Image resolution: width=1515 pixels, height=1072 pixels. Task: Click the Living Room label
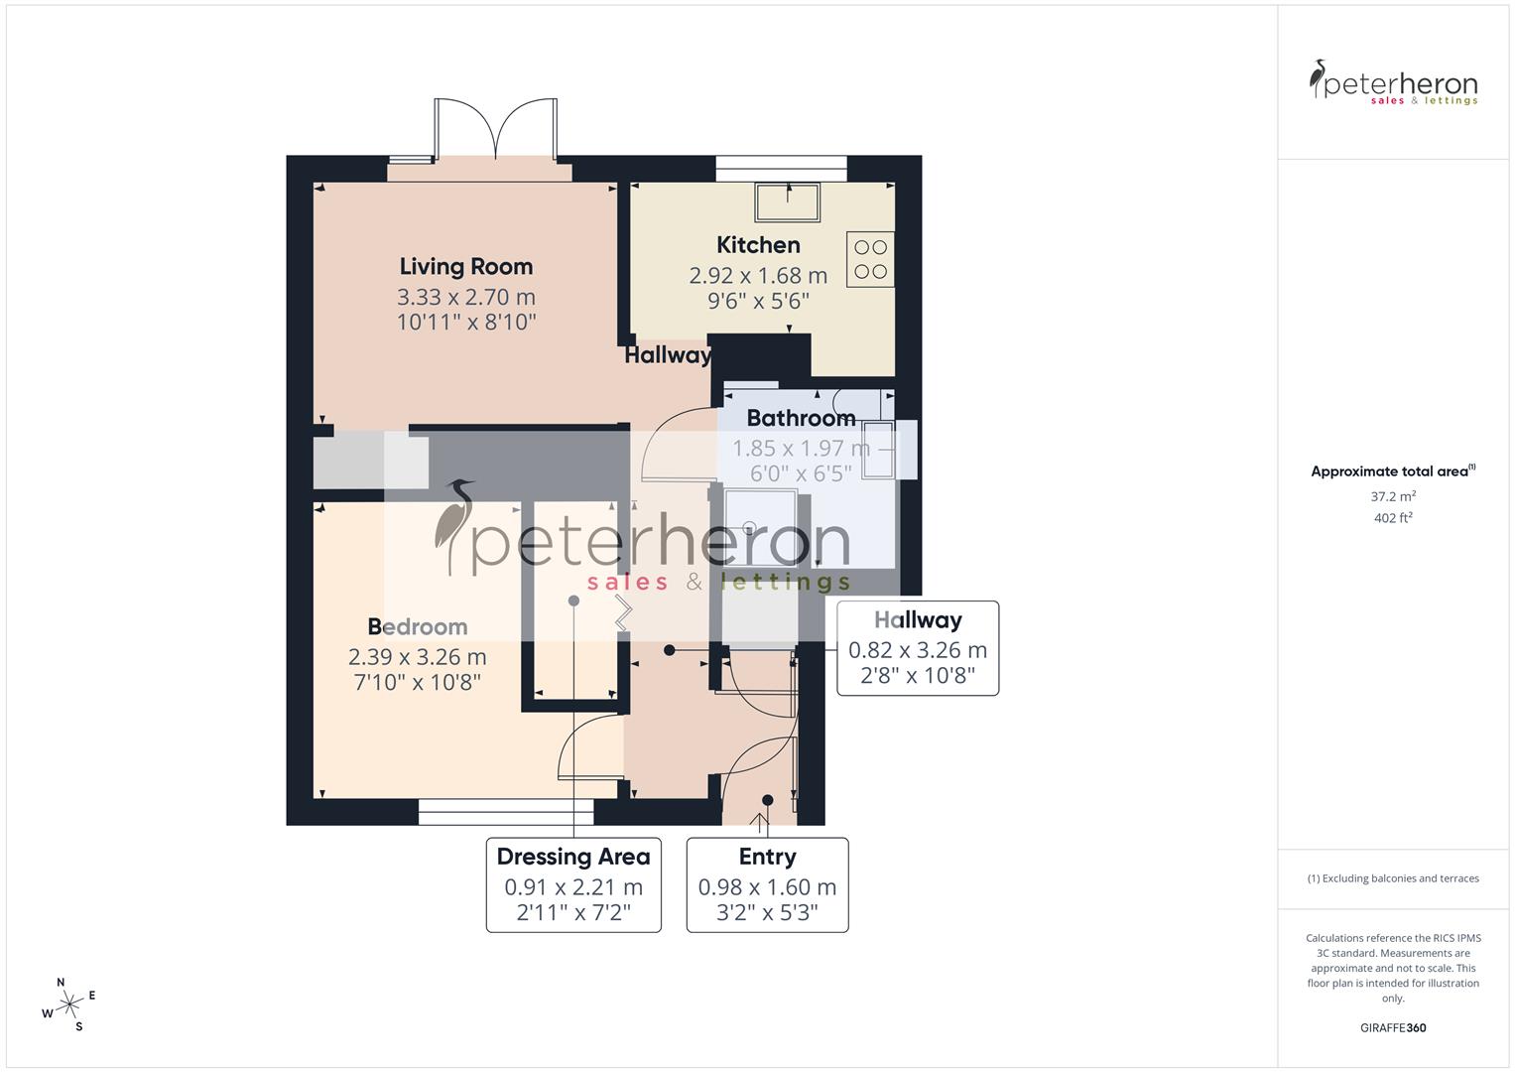tap(465, 266)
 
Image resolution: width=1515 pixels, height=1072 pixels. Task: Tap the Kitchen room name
tap(758, 244)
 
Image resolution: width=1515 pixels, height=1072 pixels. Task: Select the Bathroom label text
tap(801, 418)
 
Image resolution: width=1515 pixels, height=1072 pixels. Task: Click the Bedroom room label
tap(417, 626)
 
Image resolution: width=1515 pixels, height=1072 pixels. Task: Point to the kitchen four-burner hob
tap(870, 259)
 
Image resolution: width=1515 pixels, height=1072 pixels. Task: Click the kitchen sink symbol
tap(787, 202)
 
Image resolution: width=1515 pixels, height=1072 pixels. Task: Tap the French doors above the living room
tap(494, 130)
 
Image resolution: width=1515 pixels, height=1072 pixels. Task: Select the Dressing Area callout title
tap(573, 857)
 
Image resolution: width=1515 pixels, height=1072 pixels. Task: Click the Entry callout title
tap(767, 857)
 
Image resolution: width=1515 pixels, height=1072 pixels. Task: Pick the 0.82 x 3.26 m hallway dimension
tap(918, 650)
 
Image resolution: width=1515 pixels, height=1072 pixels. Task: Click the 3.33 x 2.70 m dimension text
tap(465, 297)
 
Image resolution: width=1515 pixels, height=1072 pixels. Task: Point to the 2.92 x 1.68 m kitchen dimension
tap(758, 275)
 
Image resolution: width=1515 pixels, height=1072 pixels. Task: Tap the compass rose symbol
tap(68, 1005)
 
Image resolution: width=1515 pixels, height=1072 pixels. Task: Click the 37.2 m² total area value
tap(1393, 496)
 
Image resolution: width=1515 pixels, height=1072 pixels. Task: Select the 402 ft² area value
tap(1393, 518)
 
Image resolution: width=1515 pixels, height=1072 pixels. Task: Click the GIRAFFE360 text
tap(1393, 1027)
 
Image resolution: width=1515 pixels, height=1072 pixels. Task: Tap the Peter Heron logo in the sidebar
tap(1393, 82)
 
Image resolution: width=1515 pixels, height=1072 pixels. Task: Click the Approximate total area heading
tap(1393, 471)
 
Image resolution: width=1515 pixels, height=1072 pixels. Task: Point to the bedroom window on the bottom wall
tap(506, 812)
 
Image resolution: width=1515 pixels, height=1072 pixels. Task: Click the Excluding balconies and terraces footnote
tap(1393, 878)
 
